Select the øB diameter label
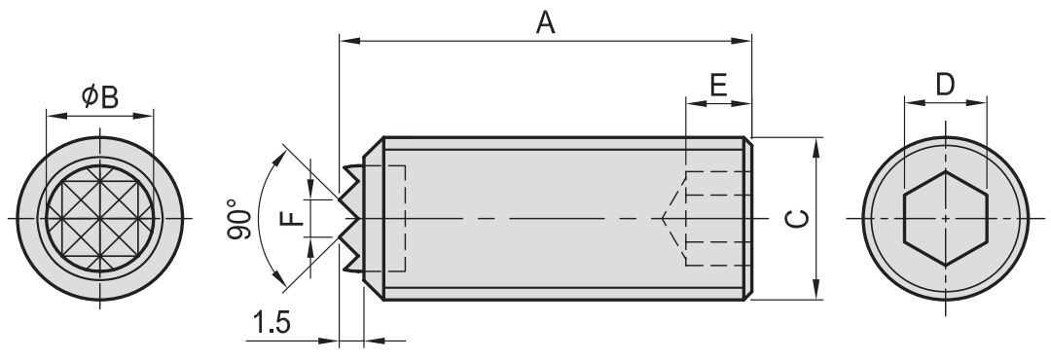100,97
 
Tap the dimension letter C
797,219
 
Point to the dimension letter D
944,85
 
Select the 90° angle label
239,219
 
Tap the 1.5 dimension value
272,323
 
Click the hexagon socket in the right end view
945,219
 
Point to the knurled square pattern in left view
100,219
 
